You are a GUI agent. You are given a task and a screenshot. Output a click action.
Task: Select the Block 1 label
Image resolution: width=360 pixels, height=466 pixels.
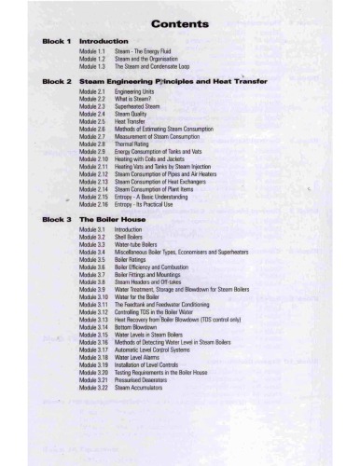pyautogui.click(x=54, y=43)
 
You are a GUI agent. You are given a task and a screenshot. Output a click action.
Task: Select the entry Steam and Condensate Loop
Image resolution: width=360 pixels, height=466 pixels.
pyautogui.click(x=151, y=67)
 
